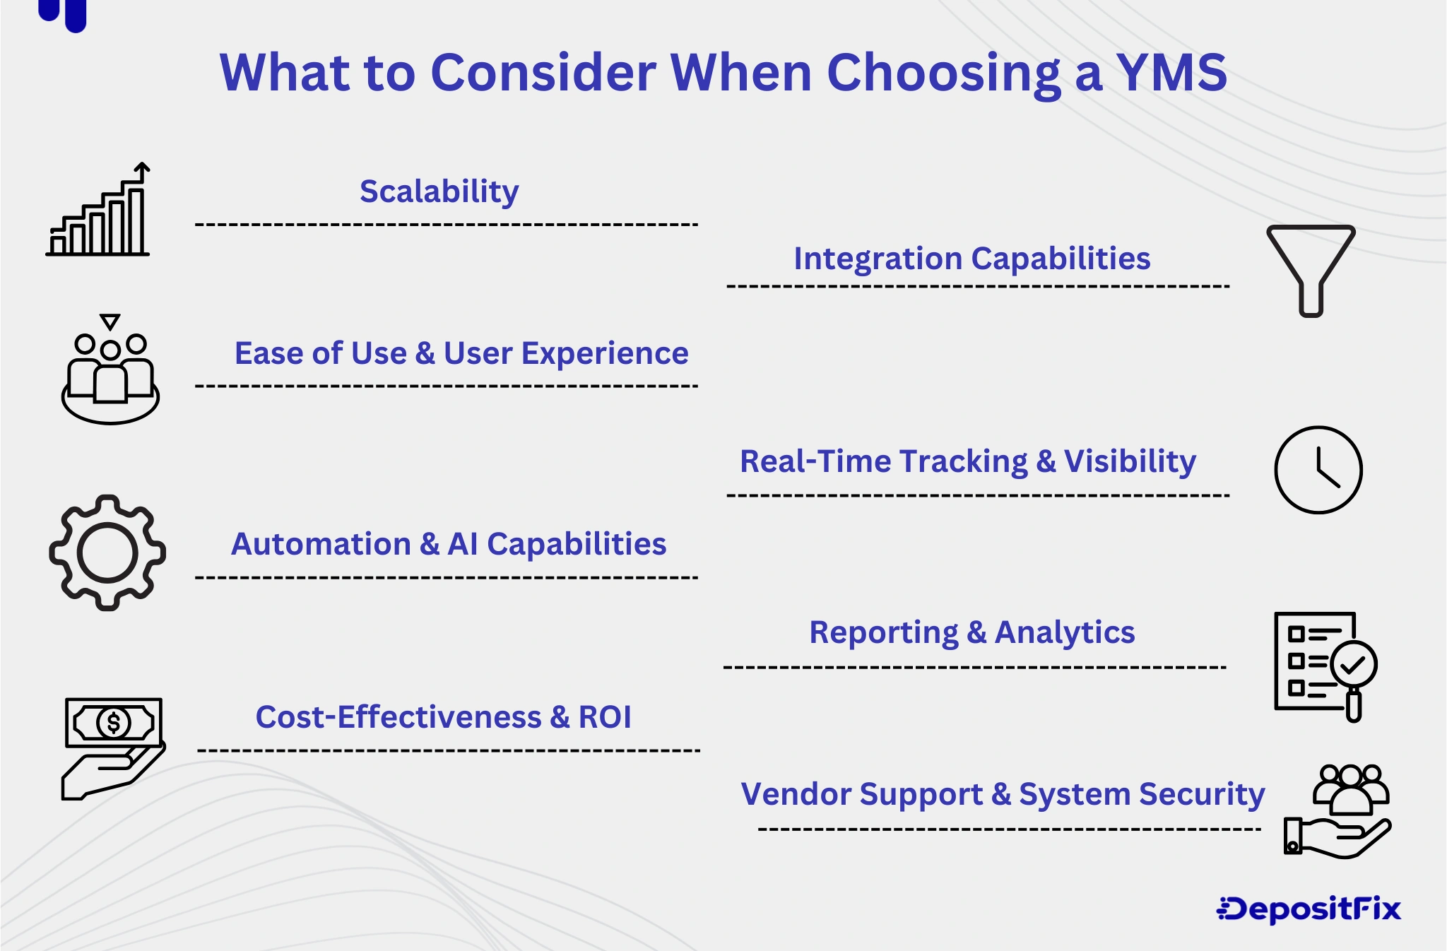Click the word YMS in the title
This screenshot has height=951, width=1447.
click(x=1171, y=73)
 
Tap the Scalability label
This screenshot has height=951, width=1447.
click(x=439, y=191)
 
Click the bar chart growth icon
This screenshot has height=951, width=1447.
click(x=98, y=212)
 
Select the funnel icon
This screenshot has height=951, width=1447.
click(x=1311, y=269)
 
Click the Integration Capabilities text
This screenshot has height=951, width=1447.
click(x=971, y=259)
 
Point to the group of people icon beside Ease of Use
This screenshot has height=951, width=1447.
click(x=110, y=373)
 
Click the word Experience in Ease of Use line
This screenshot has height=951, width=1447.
click(x=604, y=353)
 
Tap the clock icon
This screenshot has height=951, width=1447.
click(x=1318, y=470)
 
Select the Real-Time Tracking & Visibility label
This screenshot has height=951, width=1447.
click(x=967, y=461)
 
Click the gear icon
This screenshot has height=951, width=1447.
click(x=107, y=553)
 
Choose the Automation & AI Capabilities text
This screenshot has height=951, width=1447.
click(x=448, y=544)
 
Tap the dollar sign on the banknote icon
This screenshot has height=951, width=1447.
click(x=114, y=722)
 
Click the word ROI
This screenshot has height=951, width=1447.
click(x=604, y=717)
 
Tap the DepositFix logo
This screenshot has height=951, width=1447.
click(x=1309, y=909)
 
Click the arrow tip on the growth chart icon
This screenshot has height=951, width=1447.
click(x=143, y=167)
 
